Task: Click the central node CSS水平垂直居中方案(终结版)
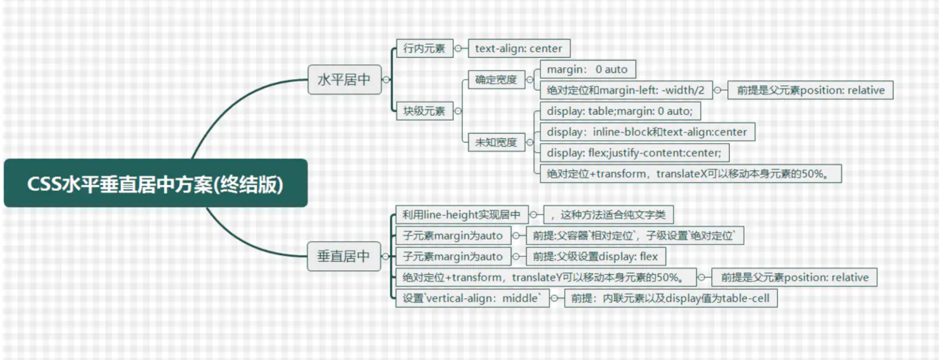[156, 183]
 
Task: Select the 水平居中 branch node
[345, 80]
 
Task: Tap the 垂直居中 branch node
[344, 256]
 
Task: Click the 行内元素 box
[425, 48]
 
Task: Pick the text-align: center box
[519, 48]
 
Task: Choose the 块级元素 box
[425, 111]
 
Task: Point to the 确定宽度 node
[496, 80]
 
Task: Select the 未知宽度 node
[496, 142]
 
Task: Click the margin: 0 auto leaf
[588, 70]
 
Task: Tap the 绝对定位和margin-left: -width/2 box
[626, 90]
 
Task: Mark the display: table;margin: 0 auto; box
[620, 111]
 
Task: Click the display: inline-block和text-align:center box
[648, 132]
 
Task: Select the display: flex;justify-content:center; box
[635, 153]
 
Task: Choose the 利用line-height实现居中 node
[462, 215]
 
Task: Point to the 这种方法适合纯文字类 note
[608, 215]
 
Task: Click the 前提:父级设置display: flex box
[596, 256]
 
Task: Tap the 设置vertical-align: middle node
[473, 298]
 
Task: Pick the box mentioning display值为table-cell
[671, 298]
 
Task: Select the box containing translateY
[546, 278]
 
